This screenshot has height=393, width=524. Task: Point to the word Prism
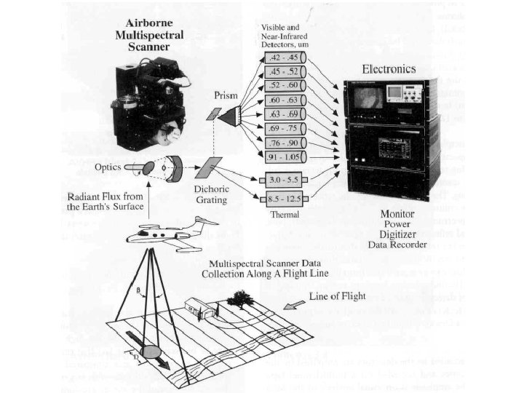[226, 95]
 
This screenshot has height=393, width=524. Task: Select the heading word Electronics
[389, 69]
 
